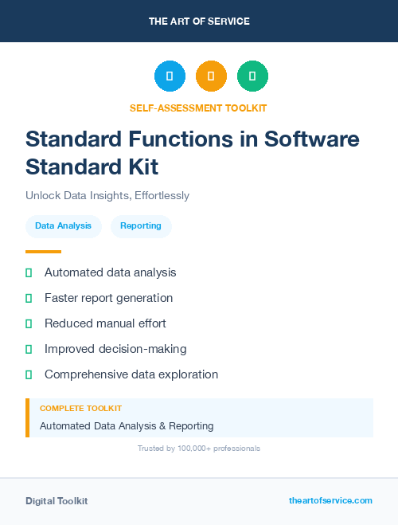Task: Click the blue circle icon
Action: coord(170,76)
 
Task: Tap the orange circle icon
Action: coord(211,76)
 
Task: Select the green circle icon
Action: coord(252,76)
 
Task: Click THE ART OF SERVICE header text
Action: coord(199,22)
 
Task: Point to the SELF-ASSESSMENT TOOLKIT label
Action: coord(198,108)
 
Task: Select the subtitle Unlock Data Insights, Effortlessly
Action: coord(107,195)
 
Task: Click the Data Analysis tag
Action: coord(64,226)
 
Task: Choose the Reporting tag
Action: coord(141,226)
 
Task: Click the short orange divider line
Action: coord(43,251)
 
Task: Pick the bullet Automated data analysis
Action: coord(110,272)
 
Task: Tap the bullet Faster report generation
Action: coord(108,298)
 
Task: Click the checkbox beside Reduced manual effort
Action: coord(29,323)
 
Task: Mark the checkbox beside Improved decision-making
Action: coord(29,349)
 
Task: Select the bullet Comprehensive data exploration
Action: coord(131,374)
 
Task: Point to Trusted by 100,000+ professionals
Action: coord(199,449)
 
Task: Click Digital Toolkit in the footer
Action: coord(57,500)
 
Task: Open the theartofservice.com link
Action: coord(330,500)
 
